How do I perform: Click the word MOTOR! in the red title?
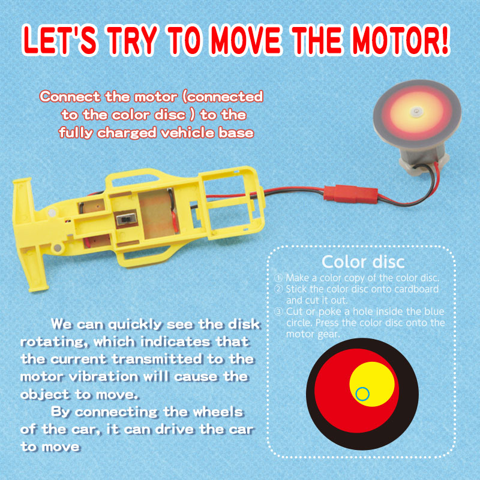click(400, 40)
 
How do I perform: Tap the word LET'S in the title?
click(60, 40)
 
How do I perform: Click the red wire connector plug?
click(351, 194)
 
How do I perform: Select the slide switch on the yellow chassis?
click(126, 218)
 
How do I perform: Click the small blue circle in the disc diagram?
click(362, 394)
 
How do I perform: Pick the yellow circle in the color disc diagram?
click(372, 384)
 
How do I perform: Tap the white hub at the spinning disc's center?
click(416, 112)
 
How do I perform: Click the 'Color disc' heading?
click(363, 262)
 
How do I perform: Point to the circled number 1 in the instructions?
click(278, 278)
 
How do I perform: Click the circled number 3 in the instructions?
click(278, 311)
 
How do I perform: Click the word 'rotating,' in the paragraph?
click(52, 342)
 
